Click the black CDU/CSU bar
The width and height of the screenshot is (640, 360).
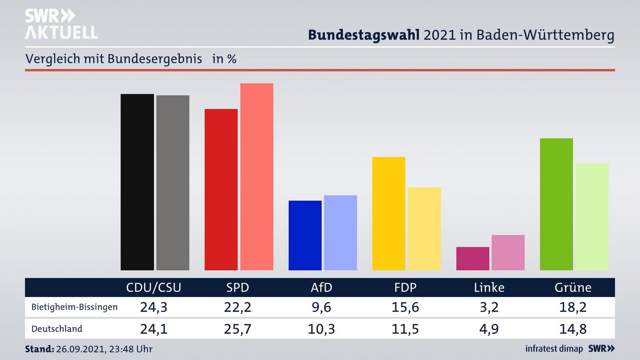pyautogui.click(x=137, y=182)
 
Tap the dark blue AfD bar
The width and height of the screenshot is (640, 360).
pyautogui.click(x=305, y=236)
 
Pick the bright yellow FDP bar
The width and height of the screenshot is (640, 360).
pyautogui.click(x=388, y=213)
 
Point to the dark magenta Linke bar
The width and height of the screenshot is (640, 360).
pyautogui.click(x=472, y=259)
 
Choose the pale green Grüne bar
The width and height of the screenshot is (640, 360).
pyautogui.click(x=592, y=217)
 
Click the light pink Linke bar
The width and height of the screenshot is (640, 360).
pyautogui.click(x=508, y=252)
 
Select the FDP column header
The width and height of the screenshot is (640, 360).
pyautogui.click(x=405, y=288)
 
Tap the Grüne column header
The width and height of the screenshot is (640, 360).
pyautogui.click(x=573, y=288)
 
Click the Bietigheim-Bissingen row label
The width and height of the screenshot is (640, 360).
pyautogui.click(x=75, y=307)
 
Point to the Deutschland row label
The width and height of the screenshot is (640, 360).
pyautogui.click(x=57, y=329)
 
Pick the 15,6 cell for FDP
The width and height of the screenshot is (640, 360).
pyautogui.click(x=405, y=307)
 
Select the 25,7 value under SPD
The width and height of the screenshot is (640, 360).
pyautogui.click(x=238, y=329)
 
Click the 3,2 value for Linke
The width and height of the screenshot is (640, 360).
pyautogui.click(x=489, y=307)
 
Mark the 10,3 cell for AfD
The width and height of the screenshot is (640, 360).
pyautogui.click(x=321, y=329)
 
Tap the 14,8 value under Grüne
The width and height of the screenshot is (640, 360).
pyautogui.click(x=573, y=329)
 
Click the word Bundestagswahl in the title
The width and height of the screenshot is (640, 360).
pyautogui.click(x=364, y=35)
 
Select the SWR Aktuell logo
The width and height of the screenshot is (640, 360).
pyautogui.click(x=61, y=24)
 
